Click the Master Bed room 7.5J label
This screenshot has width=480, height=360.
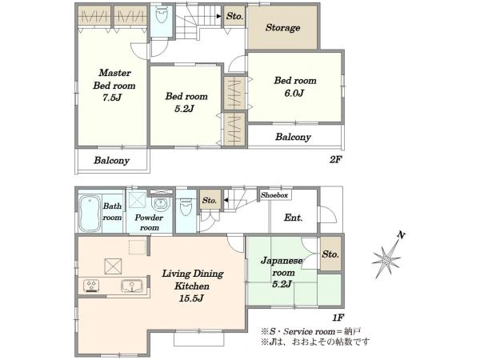coord(114,85)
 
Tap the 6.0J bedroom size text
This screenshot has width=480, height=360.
coord(294,93)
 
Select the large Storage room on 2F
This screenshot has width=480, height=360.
coord(282,27)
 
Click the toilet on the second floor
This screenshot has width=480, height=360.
coord(162,14)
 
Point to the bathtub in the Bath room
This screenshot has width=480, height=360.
coord(90,214)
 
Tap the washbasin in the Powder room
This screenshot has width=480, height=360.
coord(161,203)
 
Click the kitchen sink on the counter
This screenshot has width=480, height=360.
coord(132,286)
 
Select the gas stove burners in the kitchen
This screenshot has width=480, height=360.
coord(91,286)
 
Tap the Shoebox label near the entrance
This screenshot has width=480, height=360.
coord(274,195)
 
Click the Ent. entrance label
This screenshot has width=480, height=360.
coord(294,218)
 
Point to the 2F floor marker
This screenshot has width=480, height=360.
coord(335,159)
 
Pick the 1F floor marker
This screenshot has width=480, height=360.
coord(338,318)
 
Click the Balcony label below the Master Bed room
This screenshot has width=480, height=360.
coord(111,161)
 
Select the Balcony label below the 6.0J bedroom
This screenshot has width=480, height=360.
coord(293,137)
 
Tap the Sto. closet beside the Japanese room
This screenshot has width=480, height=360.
coord(330,254)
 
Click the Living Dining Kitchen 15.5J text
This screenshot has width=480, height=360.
coord(193,286)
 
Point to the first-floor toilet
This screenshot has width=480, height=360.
coord(186,207)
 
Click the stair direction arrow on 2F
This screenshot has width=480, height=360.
coord(219,16)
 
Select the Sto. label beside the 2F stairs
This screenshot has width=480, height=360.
coord(234,16)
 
